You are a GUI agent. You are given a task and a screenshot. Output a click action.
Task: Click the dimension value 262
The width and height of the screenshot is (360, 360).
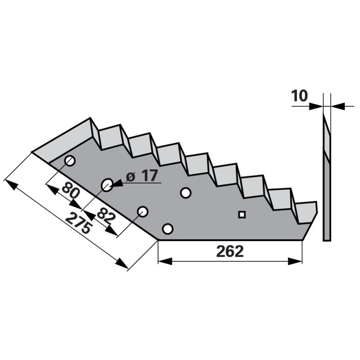point(229,252)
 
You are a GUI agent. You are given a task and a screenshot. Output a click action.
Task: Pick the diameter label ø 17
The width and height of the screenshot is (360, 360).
point(142,176)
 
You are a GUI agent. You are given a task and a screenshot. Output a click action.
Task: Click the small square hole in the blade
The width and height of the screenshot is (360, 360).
point(242,215)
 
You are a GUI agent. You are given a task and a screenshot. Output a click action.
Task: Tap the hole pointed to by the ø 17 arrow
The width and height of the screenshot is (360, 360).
point(107,184)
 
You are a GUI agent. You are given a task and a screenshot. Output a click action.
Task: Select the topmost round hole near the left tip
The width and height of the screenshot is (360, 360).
point(70,161)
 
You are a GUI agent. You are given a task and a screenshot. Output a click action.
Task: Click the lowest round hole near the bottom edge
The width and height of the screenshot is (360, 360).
point(167,229)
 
